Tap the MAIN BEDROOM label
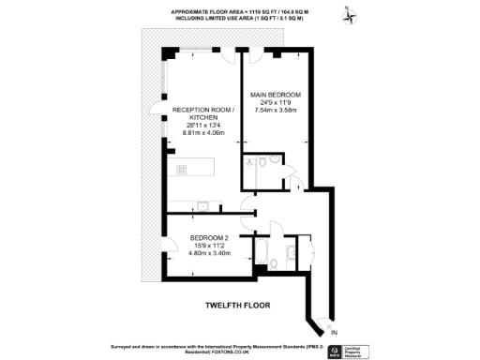click(x=277, y=95)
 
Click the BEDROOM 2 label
click(x=210, y=238)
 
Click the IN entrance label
click(x=335, y=332)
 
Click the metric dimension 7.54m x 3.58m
click(x=277, y=112)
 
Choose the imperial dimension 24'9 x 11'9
click(x=277, y=103)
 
